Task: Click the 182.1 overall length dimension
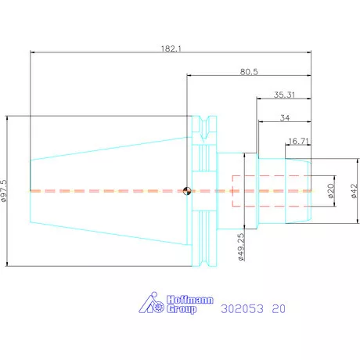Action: (x=171, y=49)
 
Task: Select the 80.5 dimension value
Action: (x=249, y=72)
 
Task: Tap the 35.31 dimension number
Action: (x=284, y=95)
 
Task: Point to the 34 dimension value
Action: (x=285, y=118)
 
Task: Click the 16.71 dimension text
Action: (x=298, y=141)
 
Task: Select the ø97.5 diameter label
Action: (x=4, y=191)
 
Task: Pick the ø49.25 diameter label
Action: (x=241, y=247)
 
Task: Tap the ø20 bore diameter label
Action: (x=330, y=191)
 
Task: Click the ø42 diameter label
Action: (x=354, y=191)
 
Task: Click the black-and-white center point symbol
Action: (x=187, y=191)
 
